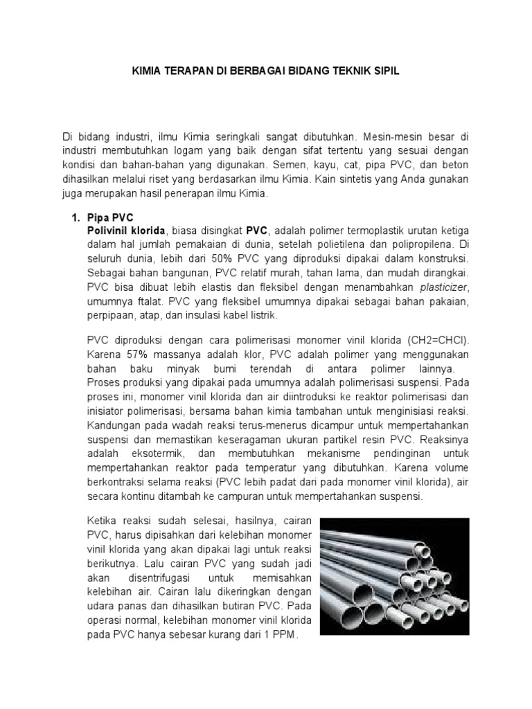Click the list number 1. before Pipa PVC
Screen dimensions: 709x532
click(78, 218)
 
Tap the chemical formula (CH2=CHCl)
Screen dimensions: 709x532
click(427, 339)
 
